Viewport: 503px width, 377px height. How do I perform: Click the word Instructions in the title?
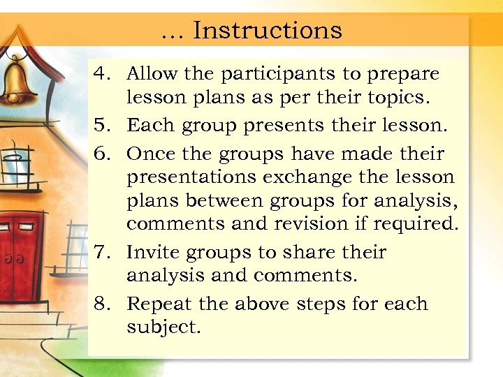(x=268, y=30)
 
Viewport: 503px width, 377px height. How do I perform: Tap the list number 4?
(x=102, y=73)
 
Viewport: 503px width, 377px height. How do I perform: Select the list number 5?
(x=102, y=126)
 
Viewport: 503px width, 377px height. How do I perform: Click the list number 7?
(x=102, y=252)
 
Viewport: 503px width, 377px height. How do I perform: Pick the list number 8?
(x=102, y=304)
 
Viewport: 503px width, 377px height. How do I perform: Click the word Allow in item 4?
(x=152, y=73)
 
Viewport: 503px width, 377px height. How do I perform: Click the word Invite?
(x=152, y=252)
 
